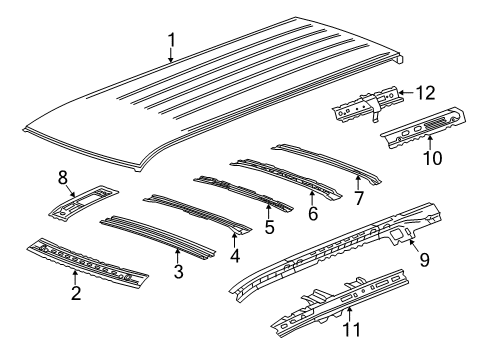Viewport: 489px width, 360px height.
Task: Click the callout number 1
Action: pos(171,40)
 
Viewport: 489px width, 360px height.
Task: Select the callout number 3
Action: pos(178,271)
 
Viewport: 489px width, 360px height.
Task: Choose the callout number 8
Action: pos(63,179)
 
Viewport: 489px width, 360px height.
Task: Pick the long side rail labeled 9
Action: pos(330,250)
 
